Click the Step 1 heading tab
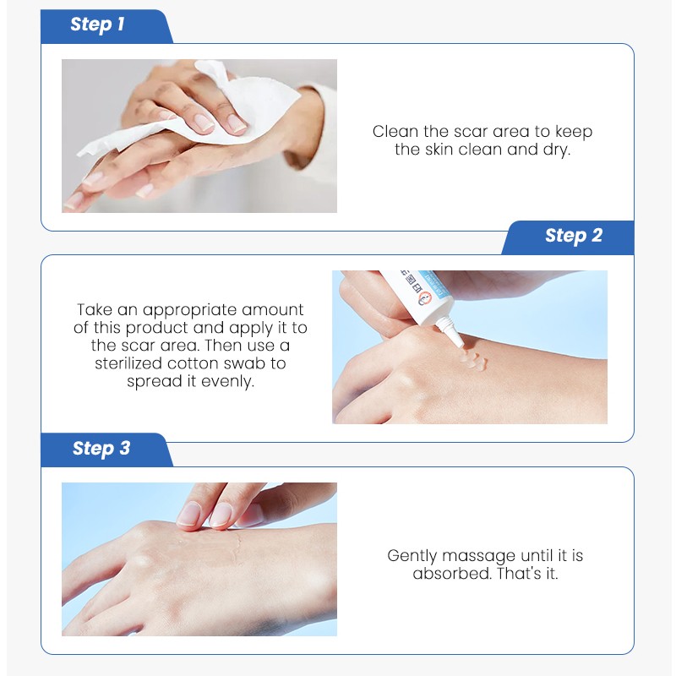pos(98,25)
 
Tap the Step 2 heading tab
pos(573,237)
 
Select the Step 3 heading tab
pos(101,449)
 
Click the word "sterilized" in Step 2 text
pos(134,363)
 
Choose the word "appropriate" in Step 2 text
pos(187,310)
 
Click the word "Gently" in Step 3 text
pos(415,556)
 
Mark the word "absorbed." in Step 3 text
pos(447,574)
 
